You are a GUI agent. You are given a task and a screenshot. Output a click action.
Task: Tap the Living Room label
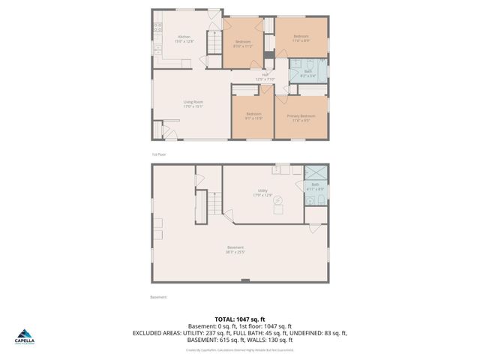[193, 102]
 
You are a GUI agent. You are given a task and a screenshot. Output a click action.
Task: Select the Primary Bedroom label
[300, 115]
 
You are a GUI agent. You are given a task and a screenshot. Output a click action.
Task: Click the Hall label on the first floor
[265, 74]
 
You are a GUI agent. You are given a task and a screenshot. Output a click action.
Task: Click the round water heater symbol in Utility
[277, 201]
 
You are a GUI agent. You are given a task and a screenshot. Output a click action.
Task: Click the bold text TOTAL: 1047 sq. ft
[239, 319]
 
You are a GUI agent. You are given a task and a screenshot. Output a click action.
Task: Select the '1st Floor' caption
[158, 154]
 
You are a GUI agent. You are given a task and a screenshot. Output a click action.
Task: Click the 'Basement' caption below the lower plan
[158, 297]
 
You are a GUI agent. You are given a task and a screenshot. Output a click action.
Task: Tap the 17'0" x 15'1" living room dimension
[193, 106]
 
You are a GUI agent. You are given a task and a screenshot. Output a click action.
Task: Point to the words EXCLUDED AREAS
[157, 332]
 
